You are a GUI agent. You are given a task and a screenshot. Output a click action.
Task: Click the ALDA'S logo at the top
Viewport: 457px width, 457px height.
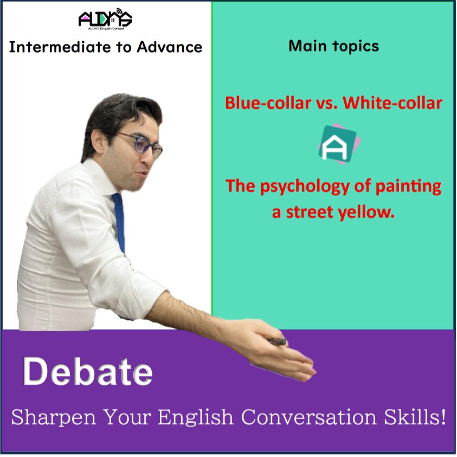pyautogui.click(x=105, y=19)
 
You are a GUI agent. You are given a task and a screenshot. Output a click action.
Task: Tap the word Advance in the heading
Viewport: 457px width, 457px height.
pyautogui.click(x=169, y=47)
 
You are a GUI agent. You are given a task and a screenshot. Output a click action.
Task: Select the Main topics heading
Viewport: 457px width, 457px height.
pyautogui.click(x=334, y=47)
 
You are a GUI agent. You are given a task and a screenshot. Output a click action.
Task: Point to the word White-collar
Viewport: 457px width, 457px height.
pyautogui.click(x=392, y=103)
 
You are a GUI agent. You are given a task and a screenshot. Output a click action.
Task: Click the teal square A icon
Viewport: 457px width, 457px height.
pyautogui.click(x=339, y=144)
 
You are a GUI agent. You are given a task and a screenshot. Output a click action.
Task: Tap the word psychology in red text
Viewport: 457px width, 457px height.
pyautogui.click(x=305, y=187)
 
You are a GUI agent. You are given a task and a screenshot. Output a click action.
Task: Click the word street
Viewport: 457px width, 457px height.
pyautogui.click(x=310, y=212)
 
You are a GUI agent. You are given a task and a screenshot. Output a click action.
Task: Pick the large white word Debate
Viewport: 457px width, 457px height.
pyautogui.click(x=88, y=371)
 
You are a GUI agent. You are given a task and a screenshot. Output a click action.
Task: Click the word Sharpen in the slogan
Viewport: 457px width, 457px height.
pyautogui.click(x=53, y=417)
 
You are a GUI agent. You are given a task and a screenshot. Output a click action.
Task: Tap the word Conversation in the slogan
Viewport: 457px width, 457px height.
pyautogui.click(x=309, y=417)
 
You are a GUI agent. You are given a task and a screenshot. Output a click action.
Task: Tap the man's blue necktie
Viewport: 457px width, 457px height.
pyautogui.click(x=119, y=222)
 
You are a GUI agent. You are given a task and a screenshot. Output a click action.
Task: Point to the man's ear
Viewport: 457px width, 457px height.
pyautogui.click(x=99, y=143)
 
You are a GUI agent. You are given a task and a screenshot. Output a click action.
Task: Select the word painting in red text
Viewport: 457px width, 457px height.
pyautogui.click(x=408, y=187)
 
